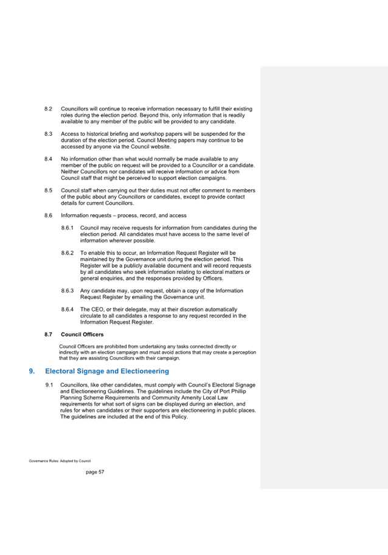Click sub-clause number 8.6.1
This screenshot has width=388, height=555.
(68, 228)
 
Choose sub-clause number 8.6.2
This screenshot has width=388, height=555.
(68, 252)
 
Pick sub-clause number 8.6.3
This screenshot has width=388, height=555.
(68, 290)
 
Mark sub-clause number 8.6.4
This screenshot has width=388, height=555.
(68, 309)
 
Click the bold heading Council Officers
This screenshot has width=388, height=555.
(82, 335)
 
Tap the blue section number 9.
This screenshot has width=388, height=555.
(32, 371)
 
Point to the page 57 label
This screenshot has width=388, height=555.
(95, 472)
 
